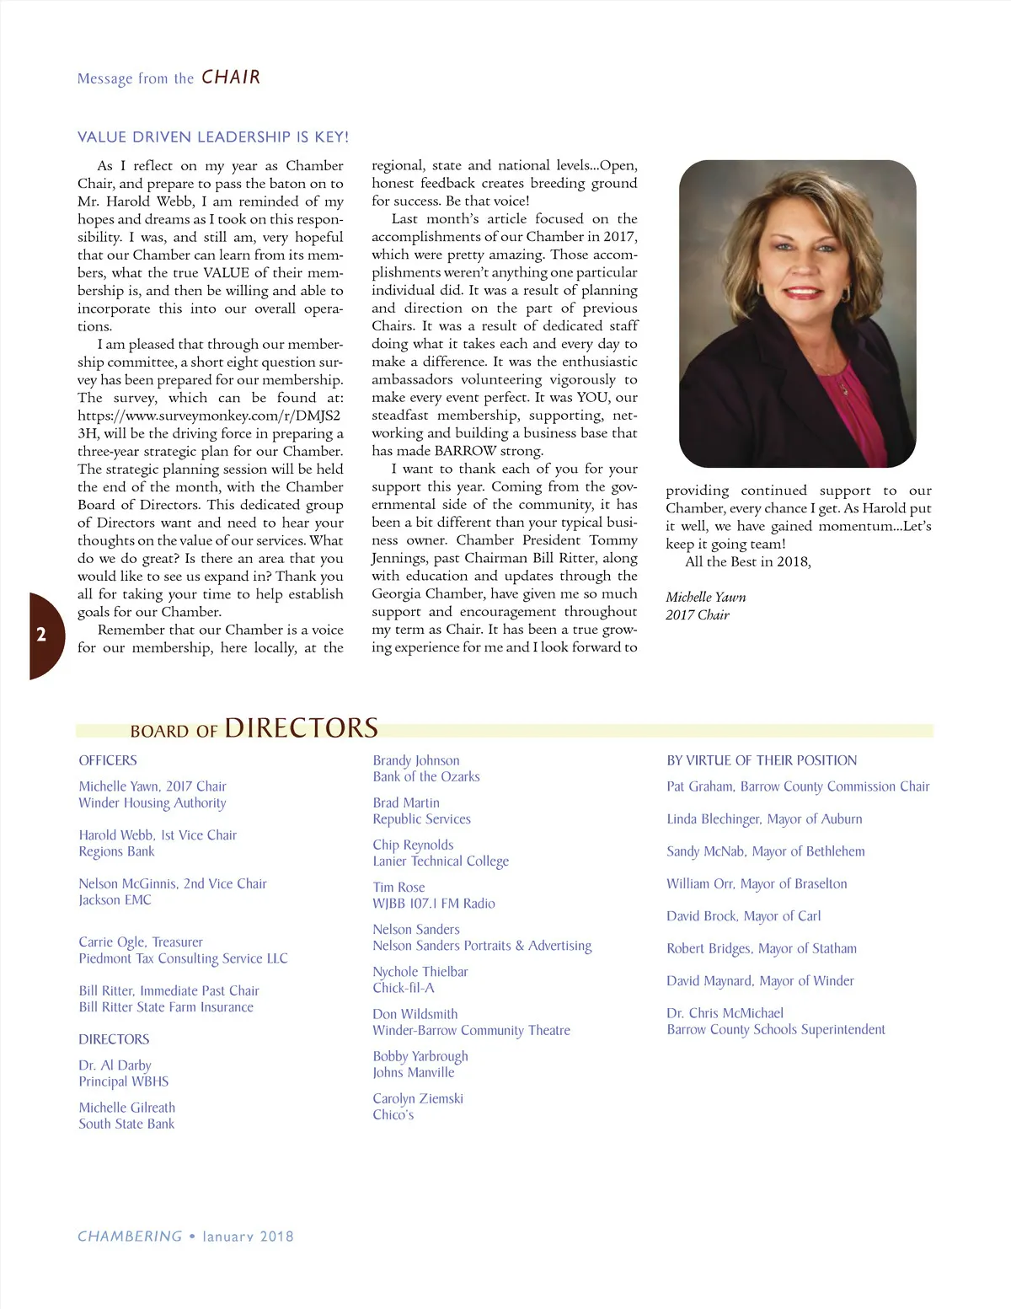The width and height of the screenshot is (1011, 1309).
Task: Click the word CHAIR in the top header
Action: [231, 78]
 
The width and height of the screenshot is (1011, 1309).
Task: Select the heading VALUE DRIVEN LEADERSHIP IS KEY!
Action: [212, 137]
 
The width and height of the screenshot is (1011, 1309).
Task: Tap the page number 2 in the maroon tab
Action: [41, 635]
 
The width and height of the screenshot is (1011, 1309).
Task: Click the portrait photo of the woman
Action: [797, 314]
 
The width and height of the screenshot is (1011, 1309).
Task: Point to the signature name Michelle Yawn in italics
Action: [705, 597]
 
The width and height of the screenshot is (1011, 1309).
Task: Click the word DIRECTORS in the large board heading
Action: [301, 727]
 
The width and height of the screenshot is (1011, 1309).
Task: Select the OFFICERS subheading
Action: [108, 760]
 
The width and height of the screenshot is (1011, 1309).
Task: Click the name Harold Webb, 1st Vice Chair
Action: [158, 835]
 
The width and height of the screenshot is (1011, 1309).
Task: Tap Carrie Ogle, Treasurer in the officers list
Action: [141, 942]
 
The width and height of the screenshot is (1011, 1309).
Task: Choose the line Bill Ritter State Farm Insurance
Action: [166, 1007]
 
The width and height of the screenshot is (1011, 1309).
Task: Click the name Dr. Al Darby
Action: [115, 1065]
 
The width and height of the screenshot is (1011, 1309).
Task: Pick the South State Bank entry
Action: [126, 1124]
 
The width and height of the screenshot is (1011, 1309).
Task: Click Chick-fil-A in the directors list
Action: [404, 988]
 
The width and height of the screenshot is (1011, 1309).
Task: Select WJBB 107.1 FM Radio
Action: [434, 904]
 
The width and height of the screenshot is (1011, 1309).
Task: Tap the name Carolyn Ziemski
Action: [418, 1098]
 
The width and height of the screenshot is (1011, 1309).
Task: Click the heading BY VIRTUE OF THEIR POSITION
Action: [762, 760]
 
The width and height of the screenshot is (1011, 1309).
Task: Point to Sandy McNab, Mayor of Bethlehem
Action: [765, 851]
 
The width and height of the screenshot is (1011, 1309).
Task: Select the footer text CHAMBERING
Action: [130, 1237]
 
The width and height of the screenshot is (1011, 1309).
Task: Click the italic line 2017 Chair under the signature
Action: [698, 614]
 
